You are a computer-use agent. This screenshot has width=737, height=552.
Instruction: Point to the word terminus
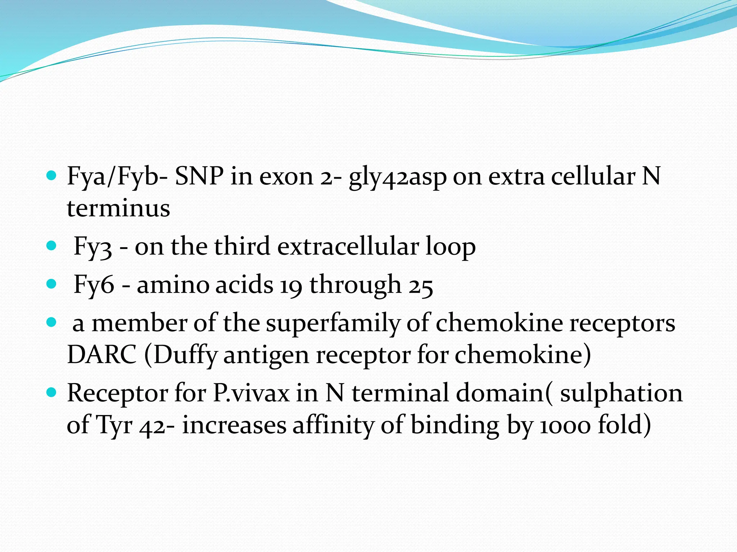tap(118, 208)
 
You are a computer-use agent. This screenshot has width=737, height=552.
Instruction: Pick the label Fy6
tap(94, 285)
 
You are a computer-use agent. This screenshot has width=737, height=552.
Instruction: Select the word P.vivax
tap(251, 393)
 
